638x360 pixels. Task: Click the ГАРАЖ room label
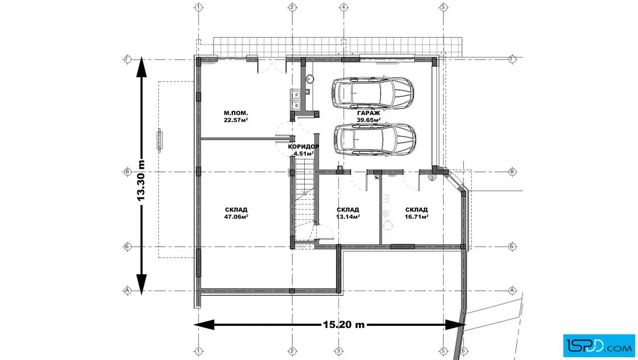369,113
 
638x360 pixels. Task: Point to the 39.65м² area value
369,120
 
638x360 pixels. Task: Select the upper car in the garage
373,93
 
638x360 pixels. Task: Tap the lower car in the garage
375,140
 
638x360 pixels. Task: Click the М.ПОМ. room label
236,113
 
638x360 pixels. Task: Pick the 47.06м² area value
236,217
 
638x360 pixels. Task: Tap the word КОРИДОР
304,146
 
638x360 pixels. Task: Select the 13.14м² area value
348,217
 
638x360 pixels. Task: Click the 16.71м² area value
416,217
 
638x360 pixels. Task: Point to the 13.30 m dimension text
141,180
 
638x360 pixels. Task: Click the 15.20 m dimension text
344,325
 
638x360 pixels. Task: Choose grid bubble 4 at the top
344,7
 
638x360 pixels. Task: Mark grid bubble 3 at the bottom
338,351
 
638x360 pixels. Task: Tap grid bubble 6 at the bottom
463,351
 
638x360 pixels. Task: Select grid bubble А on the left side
128,291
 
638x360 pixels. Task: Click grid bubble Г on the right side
512,59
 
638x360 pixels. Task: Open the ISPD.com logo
599,346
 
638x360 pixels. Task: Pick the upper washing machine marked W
296,95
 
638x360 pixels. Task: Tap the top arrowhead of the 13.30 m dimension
141,66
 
